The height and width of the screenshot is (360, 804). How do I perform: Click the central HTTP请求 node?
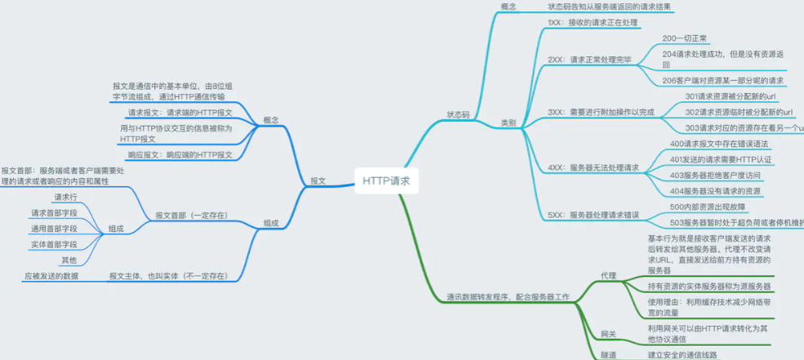click(387, 181)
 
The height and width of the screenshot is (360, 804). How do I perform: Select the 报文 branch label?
click(318, 181)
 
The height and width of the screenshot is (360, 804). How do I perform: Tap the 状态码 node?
click(459, 115)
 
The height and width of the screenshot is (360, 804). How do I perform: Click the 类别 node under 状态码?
click(508, 122)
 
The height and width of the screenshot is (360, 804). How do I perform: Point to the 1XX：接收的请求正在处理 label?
click(593, 23)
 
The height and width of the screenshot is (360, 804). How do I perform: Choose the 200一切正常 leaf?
click(685, 38)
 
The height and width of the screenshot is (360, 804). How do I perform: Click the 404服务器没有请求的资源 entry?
click(715, 191)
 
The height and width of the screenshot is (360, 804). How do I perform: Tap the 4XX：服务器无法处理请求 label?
click(593, 167)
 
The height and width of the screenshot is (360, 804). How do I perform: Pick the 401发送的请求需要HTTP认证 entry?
click(721, 159)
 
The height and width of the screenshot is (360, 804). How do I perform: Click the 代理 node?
click(608, 275)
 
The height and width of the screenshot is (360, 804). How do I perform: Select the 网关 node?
click(608, 334)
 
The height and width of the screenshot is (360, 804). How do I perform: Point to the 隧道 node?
click(608, 354)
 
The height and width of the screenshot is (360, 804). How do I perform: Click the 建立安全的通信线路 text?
click(682, 354)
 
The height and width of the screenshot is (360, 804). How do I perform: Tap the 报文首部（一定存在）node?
click(191, 216)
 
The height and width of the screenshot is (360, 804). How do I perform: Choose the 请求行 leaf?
click(65, 198)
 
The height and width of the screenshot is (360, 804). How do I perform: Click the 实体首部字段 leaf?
click(54, 244)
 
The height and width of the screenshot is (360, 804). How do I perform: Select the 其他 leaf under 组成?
click(69, 260)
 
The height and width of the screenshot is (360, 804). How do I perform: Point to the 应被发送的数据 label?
click(51, 276)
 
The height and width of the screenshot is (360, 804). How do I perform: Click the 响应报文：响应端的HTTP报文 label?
click(180, 154)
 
